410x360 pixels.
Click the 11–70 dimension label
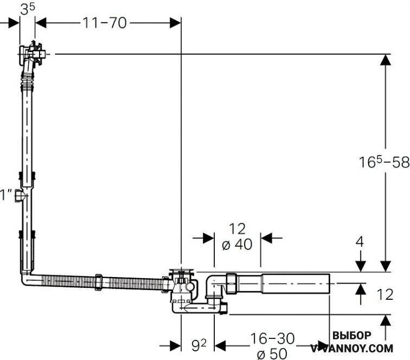105,23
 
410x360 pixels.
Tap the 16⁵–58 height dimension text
384,162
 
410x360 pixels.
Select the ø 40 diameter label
237,245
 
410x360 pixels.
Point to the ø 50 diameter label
272,354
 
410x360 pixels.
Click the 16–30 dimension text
272,338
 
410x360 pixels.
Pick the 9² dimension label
199,345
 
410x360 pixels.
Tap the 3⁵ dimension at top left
28,9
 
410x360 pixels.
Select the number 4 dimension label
360,242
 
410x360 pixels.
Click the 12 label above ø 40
237,229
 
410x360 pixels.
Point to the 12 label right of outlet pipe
385,294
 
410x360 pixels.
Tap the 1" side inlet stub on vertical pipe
19,195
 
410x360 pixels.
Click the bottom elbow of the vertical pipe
26,279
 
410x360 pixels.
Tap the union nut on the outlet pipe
232,283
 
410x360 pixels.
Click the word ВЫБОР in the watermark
351,336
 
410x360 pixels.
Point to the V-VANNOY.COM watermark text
351,348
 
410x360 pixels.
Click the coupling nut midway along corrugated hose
99,281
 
